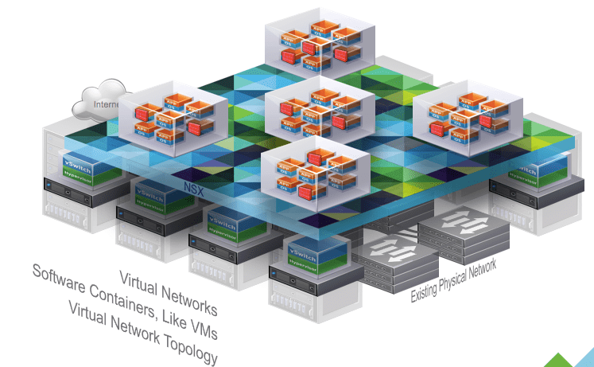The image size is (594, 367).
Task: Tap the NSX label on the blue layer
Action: pos(193,190)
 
